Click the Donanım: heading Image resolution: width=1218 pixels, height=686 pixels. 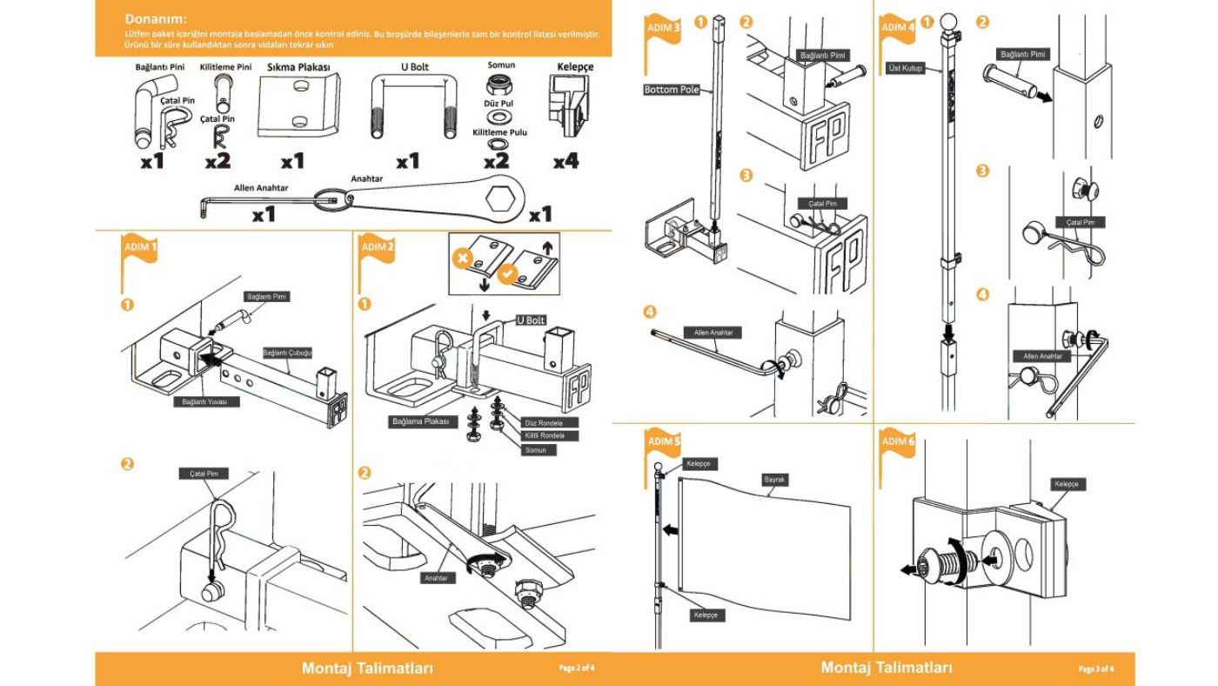click(x=156, y=18)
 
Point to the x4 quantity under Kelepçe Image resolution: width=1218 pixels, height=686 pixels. click(x=565, y=160)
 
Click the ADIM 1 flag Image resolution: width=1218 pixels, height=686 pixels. click(x=139, y=248)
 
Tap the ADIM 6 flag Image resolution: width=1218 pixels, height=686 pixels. click(x=898, y=443)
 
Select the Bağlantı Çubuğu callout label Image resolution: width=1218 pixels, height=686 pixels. click(x=287, y=353)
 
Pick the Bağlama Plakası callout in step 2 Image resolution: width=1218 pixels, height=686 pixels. click(x=420, y=421)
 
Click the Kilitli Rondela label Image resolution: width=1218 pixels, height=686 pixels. click(x=545, y=435)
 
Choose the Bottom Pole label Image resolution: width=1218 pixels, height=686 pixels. click(x=672, y=90)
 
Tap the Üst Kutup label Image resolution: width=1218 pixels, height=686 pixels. click(x=906, y=67)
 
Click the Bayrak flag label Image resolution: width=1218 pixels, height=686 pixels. click(x=774, y=480)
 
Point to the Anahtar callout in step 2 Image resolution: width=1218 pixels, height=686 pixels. click(x=436, y=577)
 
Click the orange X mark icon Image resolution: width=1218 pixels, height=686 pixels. click(x=464, y=259)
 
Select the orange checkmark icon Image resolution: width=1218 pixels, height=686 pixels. click(x=507, y=278)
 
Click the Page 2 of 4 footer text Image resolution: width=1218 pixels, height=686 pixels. click(x=577, y=669)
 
